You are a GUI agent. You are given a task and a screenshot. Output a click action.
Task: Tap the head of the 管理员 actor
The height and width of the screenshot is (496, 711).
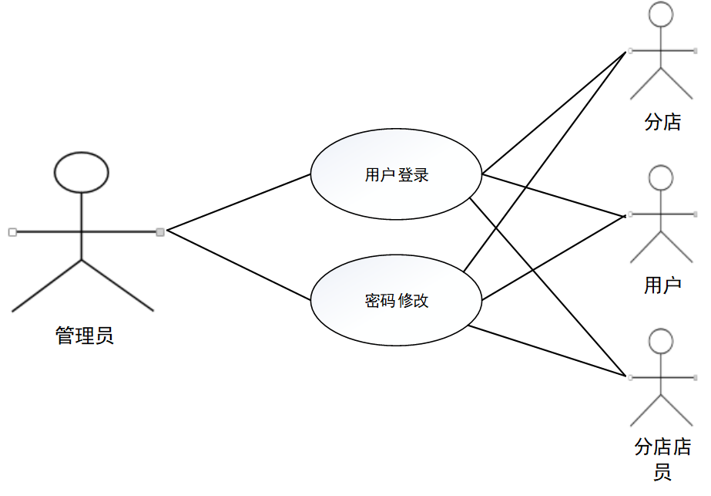(81, 172)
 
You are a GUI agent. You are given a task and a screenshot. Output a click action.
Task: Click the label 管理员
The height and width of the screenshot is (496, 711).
(85, 336)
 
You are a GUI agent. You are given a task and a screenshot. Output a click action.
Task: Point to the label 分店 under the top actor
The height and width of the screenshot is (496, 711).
(662, 122)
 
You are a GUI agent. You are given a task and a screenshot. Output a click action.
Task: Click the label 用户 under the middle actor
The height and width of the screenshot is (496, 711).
(662, 286)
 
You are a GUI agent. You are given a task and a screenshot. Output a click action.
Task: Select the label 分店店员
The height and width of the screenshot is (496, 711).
(662, 458)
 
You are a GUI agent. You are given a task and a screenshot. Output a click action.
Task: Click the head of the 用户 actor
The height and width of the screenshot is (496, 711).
(662, 177)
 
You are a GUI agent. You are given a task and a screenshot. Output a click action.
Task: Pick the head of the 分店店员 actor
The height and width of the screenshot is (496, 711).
(662, 341)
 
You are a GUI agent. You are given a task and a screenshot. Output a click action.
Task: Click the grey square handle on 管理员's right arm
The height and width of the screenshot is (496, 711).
(160, 231)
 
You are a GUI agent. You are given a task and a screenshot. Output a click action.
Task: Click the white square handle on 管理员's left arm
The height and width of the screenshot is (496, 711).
(12, 231)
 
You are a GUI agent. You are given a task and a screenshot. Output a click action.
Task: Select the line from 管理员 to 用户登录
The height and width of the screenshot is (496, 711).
(239, 202)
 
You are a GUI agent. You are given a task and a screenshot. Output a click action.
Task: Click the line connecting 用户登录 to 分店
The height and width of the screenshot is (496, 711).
(553, 113)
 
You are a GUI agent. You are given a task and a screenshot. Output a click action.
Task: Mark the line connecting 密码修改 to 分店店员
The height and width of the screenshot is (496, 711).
(547, 351)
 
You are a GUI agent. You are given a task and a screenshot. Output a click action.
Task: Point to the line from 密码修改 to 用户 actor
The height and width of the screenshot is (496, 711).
(553, 257)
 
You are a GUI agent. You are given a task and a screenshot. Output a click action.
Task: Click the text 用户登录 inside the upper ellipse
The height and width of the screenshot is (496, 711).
(396, 175)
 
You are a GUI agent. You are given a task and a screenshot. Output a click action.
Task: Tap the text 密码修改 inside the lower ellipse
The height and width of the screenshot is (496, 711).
(396, 301)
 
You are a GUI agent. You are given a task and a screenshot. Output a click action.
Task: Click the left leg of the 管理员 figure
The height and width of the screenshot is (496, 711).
(46, 286)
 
